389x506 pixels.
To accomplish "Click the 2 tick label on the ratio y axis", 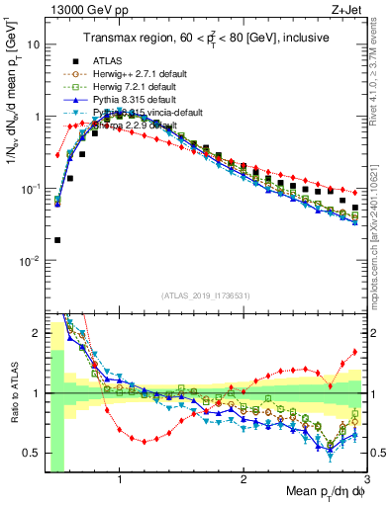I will coord(35,333).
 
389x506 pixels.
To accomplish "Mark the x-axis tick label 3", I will coord(366,480).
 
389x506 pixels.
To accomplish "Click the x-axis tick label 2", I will coord(243,480).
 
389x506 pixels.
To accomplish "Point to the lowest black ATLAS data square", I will coord(57,239).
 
